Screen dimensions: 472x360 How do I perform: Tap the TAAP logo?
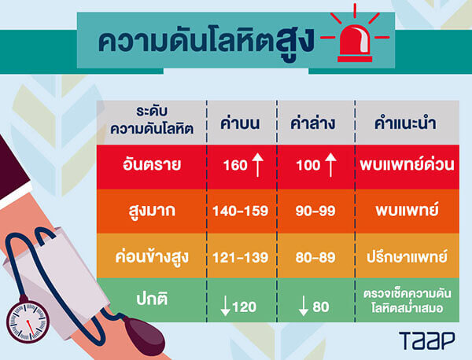[427, 340]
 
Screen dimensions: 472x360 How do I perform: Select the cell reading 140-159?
[240, 211]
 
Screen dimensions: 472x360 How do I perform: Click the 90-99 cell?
[315, 211]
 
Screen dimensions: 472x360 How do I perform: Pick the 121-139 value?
[240, 258]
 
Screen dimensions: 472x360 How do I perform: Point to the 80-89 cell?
[315, 258]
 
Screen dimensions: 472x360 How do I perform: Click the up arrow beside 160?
[258, 165]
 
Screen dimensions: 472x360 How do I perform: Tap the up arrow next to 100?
[330, 165]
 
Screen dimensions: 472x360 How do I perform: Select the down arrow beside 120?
[225, 306]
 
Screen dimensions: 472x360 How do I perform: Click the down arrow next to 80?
[304, 306]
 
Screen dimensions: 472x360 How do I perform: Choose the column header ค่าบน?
[240, 123]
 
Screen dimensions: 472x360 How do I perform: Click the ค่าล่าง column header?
[313, 123]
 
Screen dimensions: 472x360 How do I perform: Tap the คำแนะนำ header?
[405, 123]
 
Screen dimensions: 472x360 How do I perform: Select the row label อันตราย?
[152, 164]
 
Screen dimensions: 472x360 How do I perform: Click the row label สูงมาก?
[152, 211]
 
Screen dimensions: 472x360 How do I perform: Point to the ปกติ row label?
[152, 299]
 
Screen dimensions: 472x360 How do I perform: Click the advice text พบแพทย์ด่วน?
[407, 164]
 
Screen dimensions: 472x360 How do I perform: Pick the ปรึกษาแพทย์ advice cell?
[407, 257]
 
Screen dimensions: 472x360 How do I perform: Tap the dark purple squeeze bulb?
[142, 333]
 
